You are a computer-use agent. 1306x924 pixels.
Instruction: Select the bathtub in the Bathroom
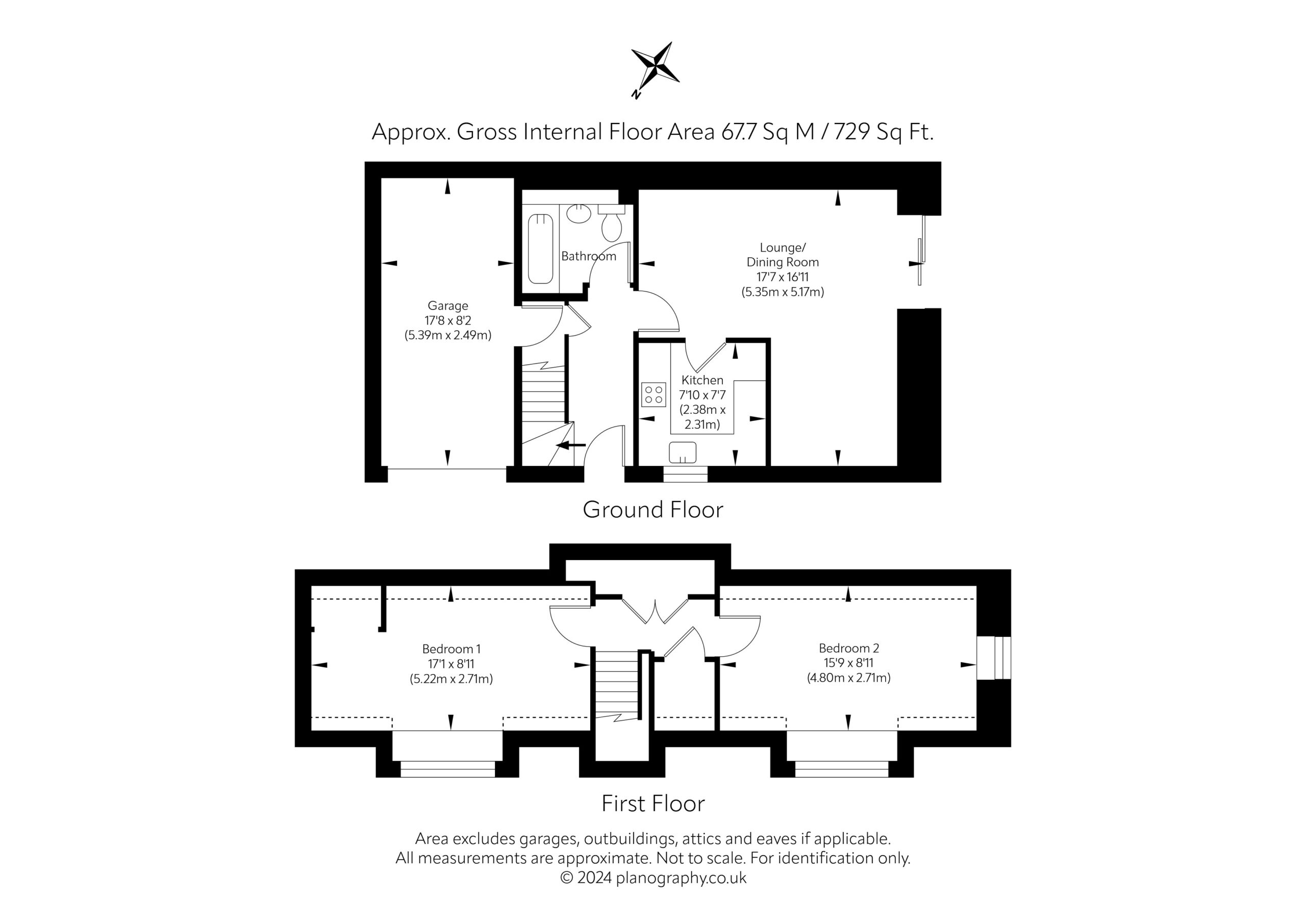(x=540, y=248)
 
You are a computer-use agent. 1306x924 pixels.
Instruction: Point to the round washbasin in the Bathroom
(x=579, y=214)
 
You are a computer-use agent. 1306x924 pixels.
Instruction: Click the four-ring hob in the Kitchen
(x=654, y=394)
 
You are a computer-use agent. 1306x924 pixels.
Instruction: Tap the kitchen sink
(x=683, y=453)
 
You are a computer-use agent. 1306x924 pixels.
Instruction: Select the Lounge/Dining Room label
(x=783, y=255)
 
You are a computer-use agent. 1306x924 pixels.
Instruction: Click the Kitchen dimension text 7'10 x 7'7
(x=702, y=394)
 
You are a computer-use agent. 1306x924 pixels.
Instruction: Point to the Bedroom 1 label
(x=451, y=648)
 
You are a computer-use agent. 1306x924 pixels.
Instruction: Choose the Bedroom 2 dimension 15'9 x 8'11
(x=849, y=663)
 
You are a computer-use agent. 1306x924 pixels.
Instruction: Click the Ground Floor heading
(x=653, y=509)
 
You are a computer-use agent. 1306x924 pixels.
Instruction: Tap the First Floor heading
(x=653, y=804)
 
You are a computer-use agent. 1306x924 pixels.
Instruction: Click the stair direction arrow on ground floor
(x=570, y=445)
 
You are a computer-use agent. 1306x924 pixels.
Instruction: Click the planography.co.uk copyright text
(x=653, y=878)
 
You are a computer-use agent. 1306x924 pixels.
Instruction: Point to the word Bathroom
(x=589, y=256)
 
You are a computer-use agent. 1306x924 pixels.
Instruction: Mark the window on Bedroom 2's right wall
(x=994, y=658)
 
